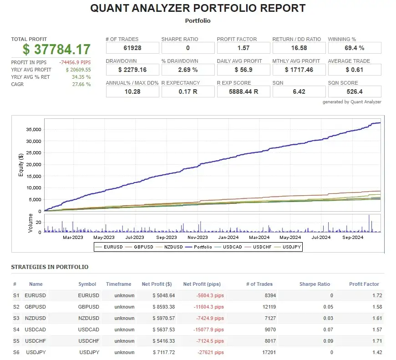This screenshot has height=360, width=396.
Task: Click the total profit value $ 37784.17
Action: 57,49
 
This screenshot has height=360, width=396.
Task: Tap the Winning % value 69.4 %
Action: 354,48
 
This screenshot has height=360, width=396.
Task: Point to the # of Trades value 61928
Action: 132,48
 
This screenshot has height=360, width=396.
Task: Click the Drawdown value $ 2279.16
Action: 132,70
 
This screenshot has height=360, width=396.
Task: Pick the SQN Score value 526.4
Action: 354,91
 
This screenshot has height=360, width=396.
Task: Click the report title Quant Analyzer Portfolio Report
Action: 198,8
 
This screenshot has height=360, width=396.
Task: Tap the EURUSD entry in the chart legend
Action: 111,247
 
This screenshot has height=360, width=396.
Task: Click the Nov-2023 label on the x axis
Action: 198,237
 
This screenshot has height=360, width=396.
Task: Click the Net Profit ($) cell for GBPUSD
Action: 157,307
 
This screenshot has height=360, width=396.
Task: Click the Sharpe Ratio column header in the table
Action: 315,284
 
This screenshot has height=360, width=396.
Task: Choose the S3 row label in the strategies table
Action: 16,318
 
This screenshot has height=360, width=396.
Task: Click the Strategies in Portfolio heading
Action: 50,267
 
